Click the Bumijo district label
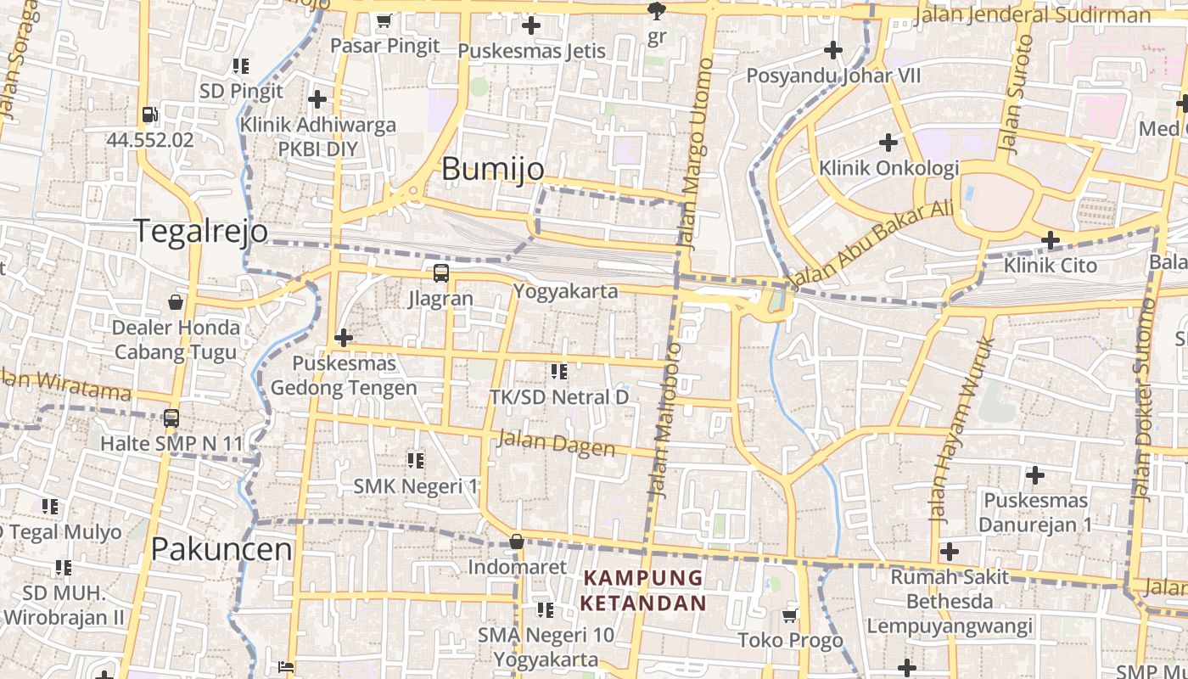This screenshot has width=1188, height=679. click(493, 169)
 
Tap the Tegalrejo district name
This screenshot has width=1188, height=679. click(201, 231)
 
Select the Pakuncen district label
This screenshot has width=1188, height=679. click(221, 549)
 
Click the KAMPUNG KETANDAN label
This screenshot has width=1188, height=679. click(644, 590)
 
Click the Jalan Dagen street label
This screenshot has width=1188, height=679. click(556, 443)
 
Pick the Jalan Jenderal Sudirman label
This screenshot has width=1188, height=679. click(1034, 15)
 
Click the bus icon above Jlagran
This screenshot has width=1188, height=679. click(440, 273)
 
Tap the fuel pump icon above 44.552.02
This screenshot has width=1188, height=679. click(150, 115)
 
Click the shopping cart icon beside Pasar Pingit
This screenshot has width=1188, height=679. click(384, 20)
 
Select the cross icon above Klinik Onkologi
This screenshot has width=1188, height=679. click(888, 142)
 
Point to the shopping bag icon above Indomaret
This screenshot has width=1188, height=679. click(516, 542)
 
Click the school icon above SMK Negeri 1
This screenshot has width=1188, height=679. click(415, 461)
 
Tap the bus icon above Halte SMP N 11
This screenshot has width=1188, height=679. click(171, 418)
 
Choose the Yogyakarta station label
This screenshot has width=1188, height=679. click(565, 291)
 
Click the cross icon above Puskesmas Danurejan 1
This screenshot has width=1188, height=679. click(1034, 475)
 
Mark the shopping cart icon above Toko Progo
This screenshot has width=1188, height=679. click(790, 614)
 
